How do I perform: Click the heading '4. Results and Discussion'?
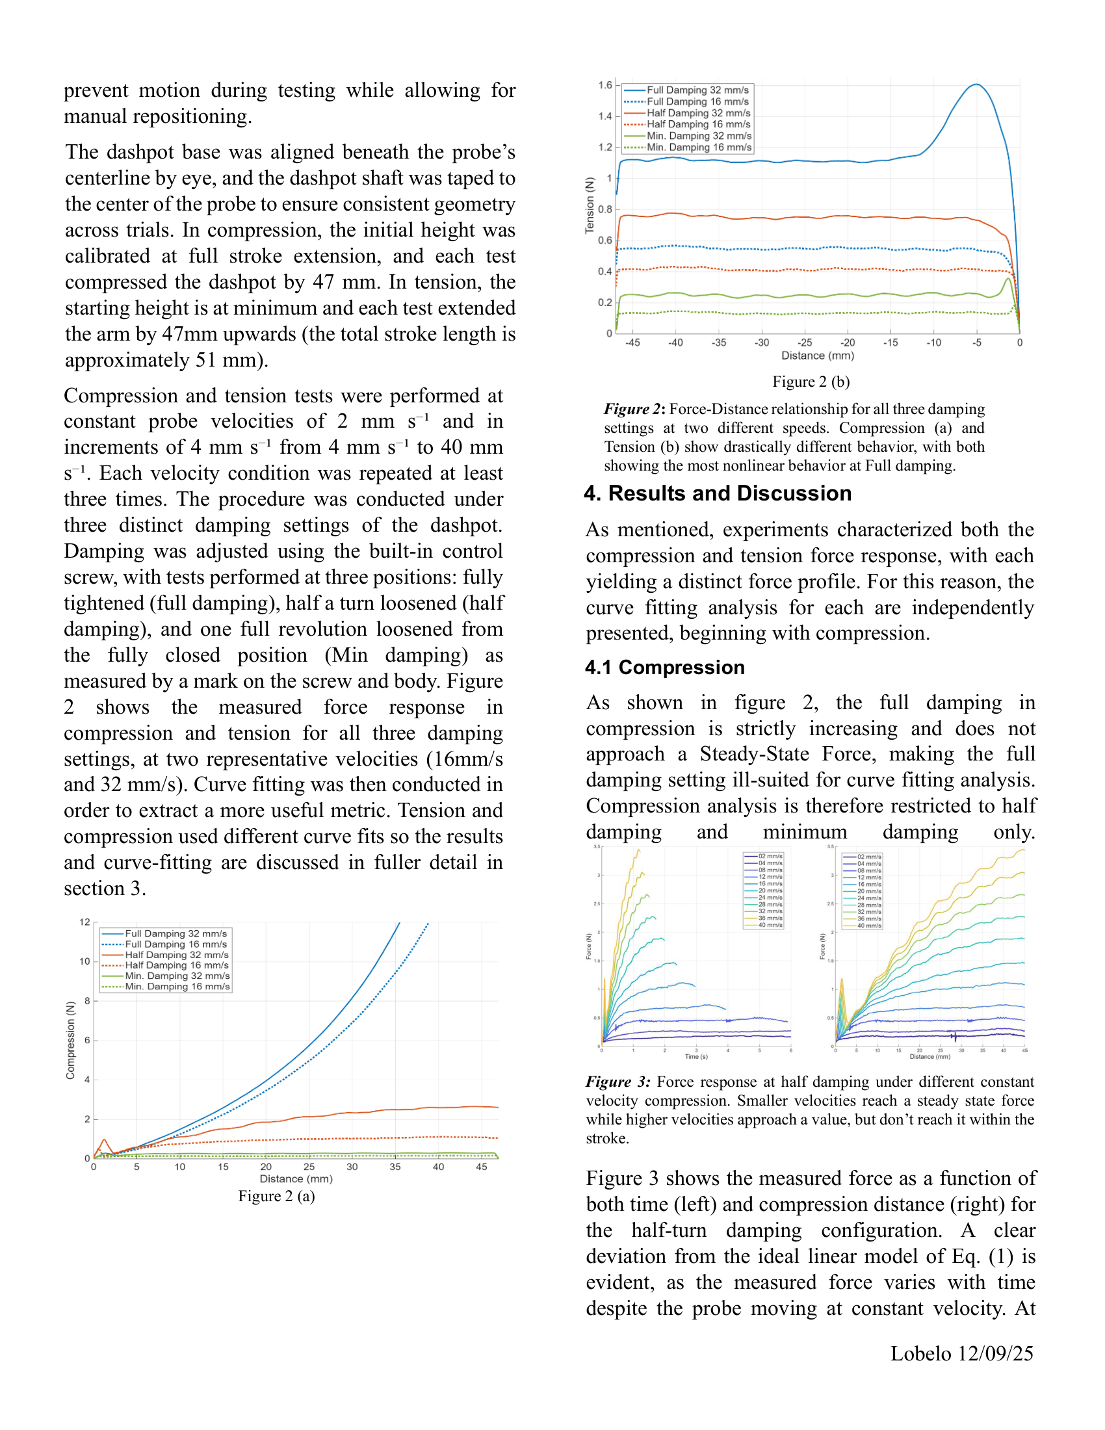coord(718,493)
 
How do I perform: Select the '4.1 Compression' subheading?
coord(664,667)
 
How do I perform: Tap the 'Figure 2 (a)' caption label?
coord(276,1196)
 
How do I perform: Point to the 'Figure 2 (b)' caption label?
coord(811,382)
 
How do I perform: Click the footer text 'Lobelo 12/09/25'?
coord(961,1353)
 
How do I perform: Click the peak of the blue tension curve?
coord(976,84)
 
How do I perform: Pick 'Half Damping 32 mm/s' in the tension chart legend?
coord(699,112)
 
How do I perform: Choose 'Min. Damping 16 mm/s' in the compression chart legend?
coord(177,986)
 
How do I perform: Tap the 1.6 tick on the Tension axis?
coord(605,85)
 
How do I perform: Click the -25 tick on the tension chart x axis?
coord(805,343)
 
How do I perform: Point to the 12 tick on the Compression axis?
coord(84,922)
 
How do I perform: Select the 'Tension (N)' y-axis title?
coord(590,205)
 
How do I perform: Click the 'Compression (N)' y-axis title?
coord(70,1041)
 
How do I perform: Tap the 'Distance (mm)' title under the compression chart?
coord(296,1178)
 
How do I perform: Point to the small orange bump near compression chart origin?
coord(104,1142)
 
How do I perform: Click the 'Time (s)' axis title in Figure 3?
coord(696,1057)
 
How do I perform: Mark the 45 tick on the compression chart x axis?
coord(481,1167)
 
